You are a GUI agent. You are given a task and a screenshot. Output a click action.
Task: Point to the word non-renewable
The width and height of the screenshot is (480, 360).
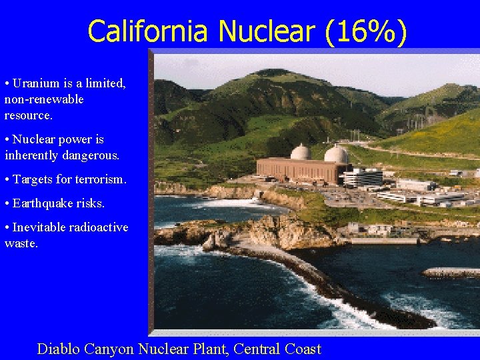coord(44,99)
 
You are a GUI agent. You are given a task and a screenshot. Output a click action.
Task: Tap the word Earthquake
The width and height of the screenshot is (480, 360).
coord(42,203)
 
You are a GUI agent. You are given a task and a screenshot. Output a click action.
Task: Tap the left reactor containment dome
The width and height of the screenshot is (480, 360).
coord(301,153)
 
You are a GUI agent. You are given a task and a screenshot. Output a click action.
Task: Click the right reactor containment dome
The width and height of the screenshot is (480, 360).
coord(337,155)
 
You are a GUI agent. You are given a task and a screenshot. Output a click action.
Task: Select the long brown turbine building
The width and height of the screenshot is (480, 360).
coord(297,169)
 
